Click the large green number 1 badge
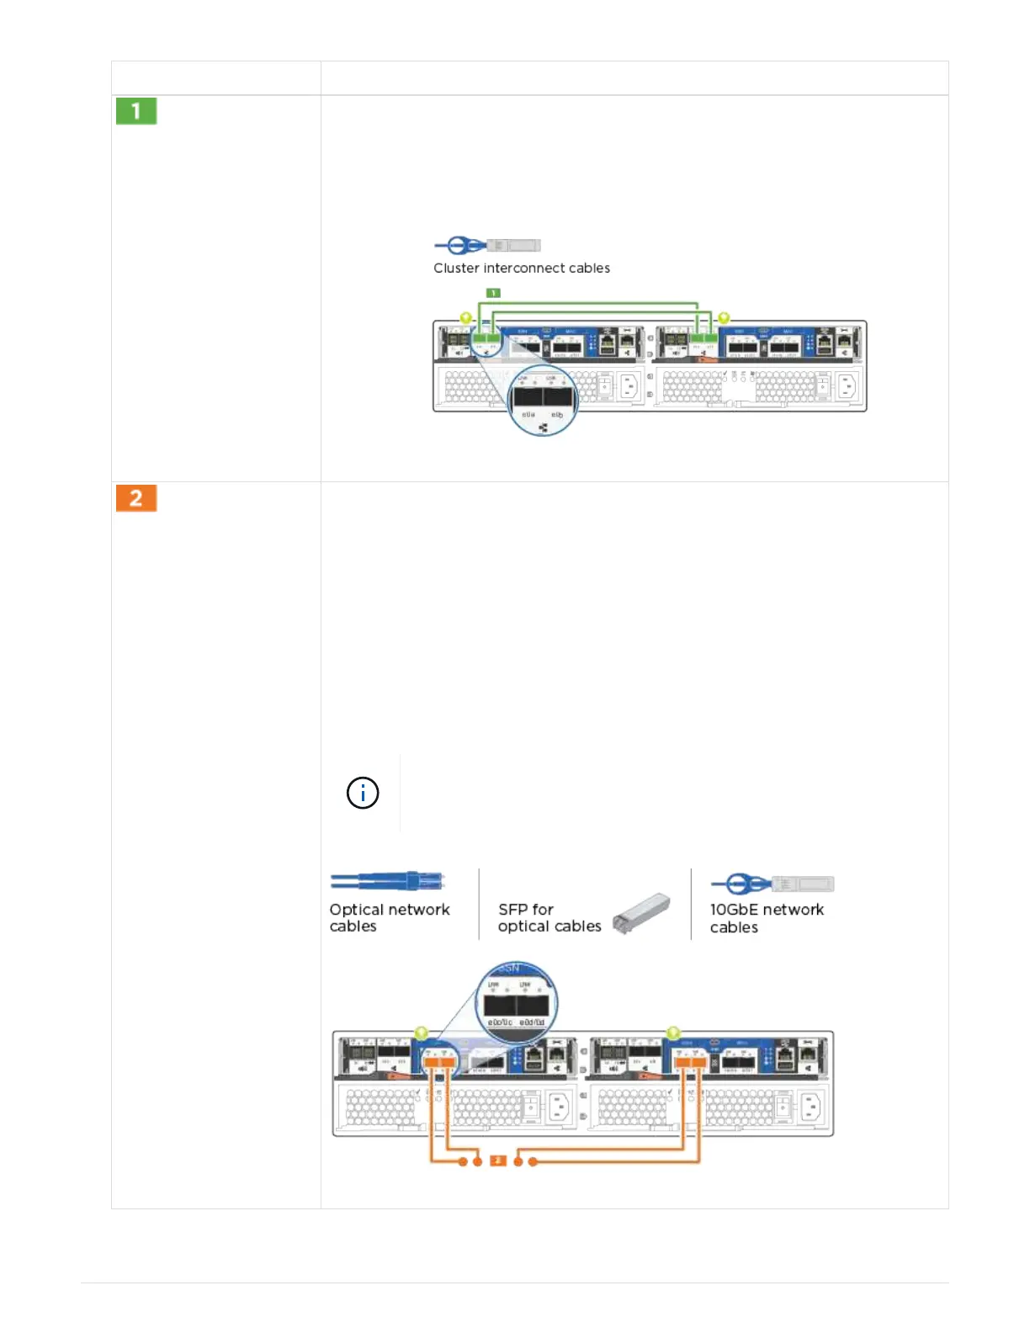point(136,111)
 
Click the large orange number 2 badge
point(136,498)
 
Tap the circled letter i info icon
point(363,793)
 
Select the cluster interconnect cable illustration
point(487,246)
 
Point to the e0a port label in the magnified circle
point(528,415)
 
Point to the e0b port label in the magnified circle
point(556,415)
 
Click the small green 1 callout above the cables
point(494,293)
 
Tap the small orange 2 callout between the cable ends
point(498,1161)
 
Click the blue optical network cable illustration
point(387,882)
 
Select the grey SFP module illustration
point(641,913)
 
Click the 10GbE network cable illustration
point(772,884)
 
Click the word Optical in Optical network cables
point(355,910)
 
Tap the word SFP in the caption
point(512,910)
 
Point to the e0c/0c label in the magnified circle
point(500,1022)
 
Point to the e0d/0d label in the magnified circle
point(532,1022)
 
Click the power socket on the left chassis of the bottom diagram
point(559,1107)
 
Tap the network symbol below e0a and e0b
point(543,428)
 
